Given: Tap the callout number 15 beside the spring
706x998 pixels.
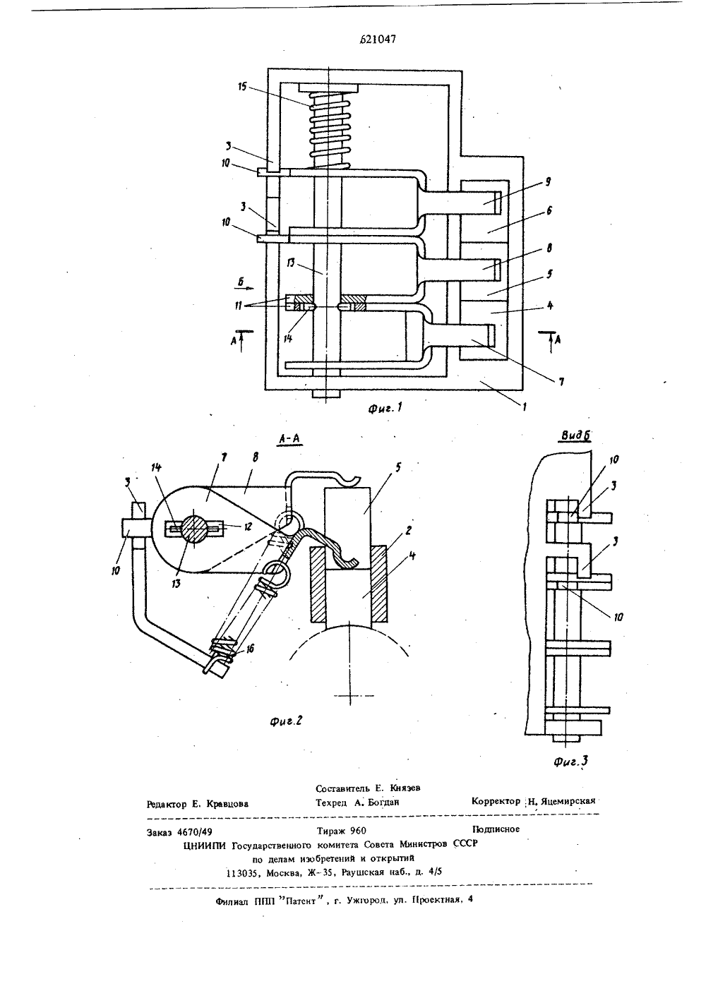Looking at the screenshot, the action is (242, 86).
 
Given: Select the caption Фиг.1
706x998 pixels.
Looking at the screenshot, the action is (385, 408).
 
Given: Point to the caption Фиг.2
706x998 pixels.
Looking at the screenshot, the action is (286, 721).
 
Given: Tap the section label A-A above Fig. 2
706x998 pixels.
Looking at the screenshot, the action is (289, 439).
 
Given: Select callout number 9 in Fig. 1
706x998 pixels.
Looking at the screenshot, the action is (548, 181).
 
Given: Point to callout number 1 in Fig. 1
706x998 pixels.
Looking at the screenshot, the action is (525, 406).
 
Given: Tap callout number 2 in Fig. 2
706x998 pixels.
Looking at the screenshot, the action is (408, 530).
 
